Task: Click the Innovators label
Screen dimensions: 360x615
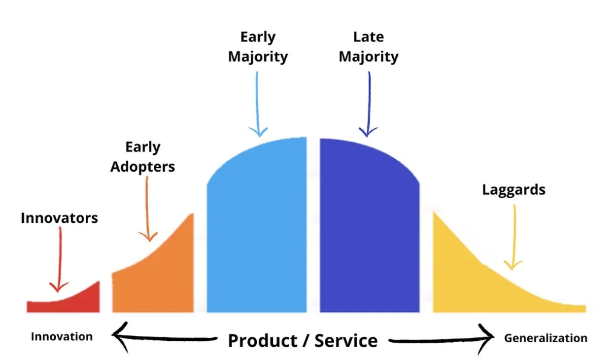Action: [59, 217]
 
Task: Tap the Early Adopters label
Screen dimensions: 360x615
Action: [142, 157]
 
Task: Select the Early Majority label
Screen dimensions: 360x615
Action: [257, 47]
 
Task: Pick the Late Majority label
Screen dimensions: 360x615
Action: [369, 47]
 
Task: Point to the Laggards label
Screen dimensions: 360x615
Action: [513, 190]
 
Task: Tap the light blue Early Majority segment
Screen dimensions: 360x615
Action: [256, 232]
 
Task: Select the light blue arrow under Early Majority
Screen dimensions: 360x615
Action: [258, 104]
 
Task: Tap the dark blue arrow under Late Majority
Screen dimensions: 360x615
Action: [368, 104]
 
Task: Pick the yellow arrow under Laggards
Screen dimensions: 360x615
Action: [513, 237]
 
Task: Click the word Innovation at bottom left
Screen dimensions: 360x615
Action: [62, 337]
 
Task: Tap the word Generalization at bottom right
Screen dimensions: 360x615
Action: [546, 338]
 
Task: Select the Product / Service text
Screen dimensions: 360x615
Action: [303, 340]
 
